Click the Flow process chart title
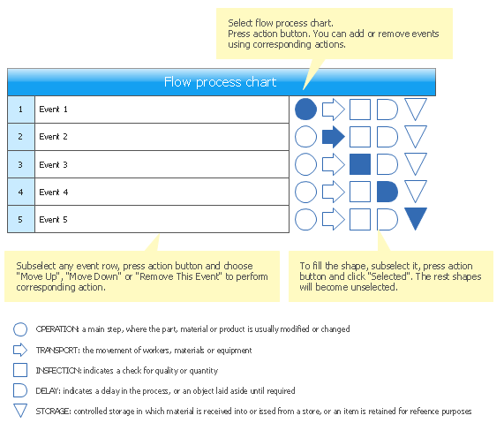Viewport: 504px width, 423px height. [220, 82]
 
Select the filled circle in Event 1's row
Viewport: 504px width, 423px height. [305, 110]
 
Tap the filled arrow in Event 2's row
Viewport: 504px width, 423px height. [334, 137]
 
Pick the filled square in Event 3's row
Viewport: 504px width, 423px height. [360, 164]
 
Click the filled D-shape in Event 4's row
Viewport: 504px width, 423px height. [387, 192]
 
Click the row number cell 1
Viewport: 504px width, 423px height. [21, 110]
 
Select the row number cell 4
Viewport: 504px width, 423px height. [21, 192]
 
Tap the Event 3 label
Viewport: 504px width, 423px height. [53, 165]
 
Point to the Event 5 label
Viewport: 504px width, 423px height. [53, 219]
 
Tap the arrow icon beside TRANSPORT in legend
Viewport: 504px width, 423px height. [20, 350]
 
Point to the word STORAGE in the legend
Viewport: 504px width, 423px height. [53, 412]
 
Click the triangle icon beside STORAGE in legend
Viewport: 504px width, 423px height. [20, 417]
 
